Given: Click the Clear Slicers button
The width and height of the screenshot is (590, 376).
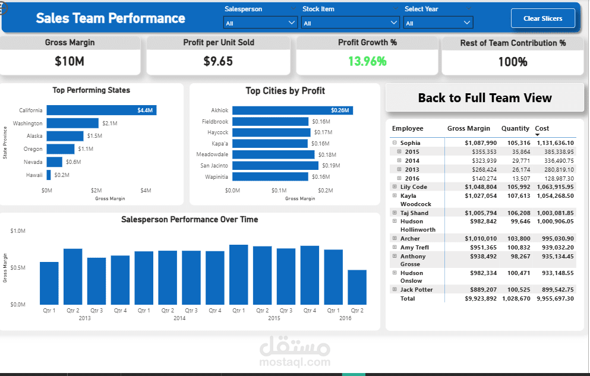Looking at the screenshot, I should click(544, 18).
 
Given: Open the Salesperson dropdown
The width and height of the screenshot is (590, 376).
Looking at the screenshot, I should click(260, 23).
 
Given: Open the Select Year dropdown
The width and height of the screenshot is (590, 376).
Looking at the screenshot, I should click(438, 23).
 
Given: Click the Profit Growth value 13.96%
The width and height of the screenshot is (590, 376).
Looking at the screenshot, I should click(367, 61).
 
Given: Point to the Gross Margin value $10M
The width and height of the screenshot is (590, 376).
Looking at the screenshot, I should click(70, 61).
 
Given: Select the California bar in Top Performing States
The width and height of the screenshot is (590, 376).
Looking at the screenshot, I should click(102, 110).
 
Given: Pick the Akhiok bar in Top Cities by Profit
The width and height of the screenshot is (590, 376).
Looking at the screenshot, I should click(292, 110).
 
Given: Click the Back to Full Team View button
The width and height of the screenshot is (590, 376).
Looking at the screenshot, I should click(485, 98).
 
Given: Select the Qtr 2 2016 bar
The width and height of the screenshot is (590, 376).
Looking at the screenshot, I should click(357, 287).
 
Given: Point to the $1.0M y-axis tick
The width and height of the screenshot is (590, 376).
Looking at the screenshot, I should click(18, 230).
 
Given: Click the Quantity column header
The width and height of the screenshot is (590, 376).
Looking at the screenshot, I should click(515, 128).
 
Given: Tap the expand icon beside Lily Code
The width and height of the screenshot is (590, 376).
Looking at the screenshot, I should click(394, 187).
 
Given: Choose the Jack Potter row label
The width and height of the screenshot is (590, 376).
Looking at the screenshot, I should click(417, 290).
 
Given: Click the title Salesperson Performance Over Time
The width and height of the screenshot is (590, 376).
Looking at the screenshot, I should click(190, 220).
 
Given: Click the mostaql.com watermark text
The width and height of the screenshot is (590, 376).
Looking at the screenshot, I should click(295, 362).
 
